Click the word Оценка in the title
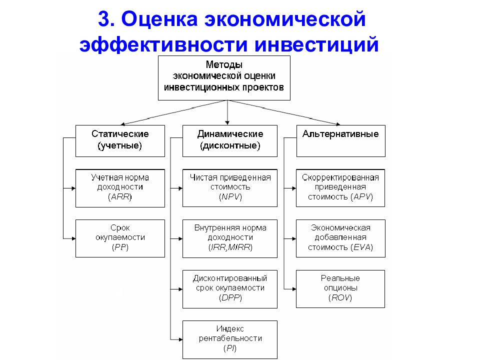click(x=159, y=19)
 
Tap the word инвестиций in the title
click(x=316, y=44)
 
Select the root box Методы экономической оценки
click(x=224, y=78)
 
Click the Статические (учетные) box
click(x=120, y=141)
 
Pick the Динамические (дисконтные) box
click(x=230, y=141)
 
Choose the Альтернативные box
click(x=340, y=141)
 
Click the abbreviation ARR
click(x=120, y=197)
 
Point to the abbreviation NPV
click(x=230, y=197)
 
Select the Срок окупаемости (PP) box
click(x=120, y=238)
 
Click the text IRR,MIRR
click(x=230, y=247)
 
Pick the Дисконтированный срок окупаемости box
click(x=230, y=289)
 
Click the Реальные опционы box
click(x=340, y=289)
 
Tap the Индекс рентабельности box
click(x=230, y=339)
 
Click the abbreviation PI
click(x=230, y=348)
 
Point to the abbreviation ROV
click(x=340, y=297)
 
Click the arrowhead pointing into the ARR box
click(x=73, y=188)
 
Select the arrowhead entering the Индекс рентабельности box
click(x=180, y=339)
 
